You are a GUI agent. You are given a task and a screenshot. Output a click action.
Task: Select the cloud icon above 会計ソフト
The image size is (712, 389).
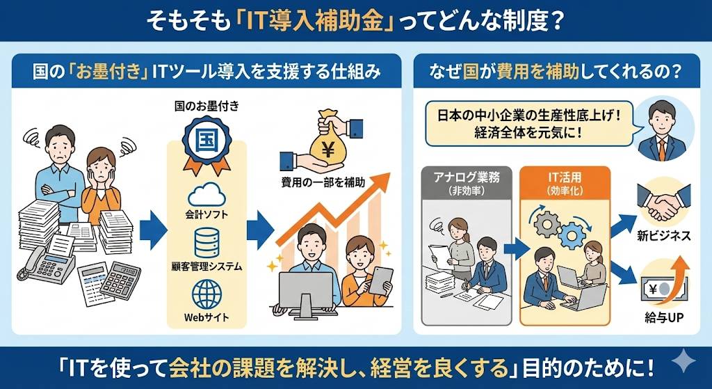207,193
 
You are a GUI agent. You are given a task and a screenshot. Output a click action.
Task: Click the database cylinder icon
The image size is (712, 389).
207,241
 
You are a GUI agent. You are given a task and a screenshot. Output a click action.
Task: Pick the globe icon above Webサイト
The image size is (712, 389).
207,294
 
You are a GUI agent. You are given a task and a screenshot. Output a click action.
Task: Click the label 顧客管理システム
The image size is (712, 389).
207,266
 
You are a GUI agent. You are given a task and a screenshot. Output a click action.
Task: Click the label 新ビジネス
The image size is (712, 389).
665,237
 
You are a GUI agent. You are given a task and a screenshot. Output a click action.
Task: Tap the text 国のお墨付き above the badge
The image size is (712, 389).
207,106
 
